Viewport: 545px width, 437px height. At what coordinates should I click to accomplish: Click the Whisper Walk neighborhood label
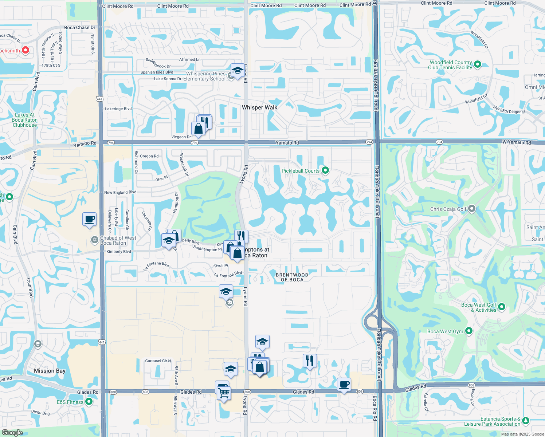[x=259, y=107]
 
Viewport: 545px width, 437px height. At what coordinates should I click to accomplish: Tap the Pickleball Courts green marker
[x=325, y=170]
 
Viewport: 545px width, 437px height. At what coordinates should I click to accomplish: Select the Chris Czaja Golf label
[x=448, y=209]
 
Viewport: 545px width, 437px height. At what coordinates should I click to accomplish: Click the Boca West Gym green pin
[x=469, y=331]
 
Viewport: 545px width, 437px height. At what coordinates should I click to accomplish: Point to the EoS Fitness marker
[x=89, y=402]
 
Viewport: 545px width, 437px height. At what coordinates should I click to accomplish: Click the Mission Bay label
[x=50, y=371]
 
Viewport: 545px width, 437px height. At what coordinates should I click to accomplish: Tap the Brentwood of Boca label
[x=292, y=277]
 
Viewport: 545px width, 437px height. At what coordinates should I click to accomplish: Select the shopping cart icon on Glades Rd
[x=224, y=393]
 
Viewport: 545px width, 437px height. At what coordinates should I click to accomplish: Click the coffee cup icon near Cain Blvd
[x=90, y=219]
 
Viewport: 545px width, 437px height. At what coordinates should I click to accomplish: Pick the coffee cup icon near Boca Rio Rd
[x=344, y=384]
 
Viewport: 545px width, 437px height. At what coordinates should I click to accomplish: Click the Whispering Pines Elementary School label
[x=206, y=76]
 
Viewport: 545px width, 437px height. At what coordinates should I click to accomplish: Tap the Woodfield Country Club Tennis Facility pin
[x=478, y=64]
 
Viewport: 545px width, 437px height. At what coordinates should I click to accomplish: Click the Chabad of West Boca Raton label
[x=118, y=240]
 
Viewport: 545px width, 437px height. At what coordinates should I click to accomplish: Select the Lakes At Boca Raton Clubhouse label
[x=25, y=120]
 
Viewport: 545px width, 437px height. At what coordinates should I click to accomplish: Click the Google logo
[x=12, y=432]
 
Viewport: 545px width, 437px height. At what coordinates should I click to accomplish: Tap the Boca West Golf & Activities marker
[x=502, y=307]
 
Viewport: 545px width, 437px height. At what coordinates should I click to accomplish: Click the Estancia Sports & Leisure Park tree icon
[x=525, y=421]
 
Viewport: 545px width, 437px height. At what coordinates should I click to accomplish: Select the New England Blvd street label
[x=120, y=192]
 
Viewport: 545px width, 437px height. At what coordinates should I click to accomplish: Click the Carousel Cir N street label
[x=158, y=361]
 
